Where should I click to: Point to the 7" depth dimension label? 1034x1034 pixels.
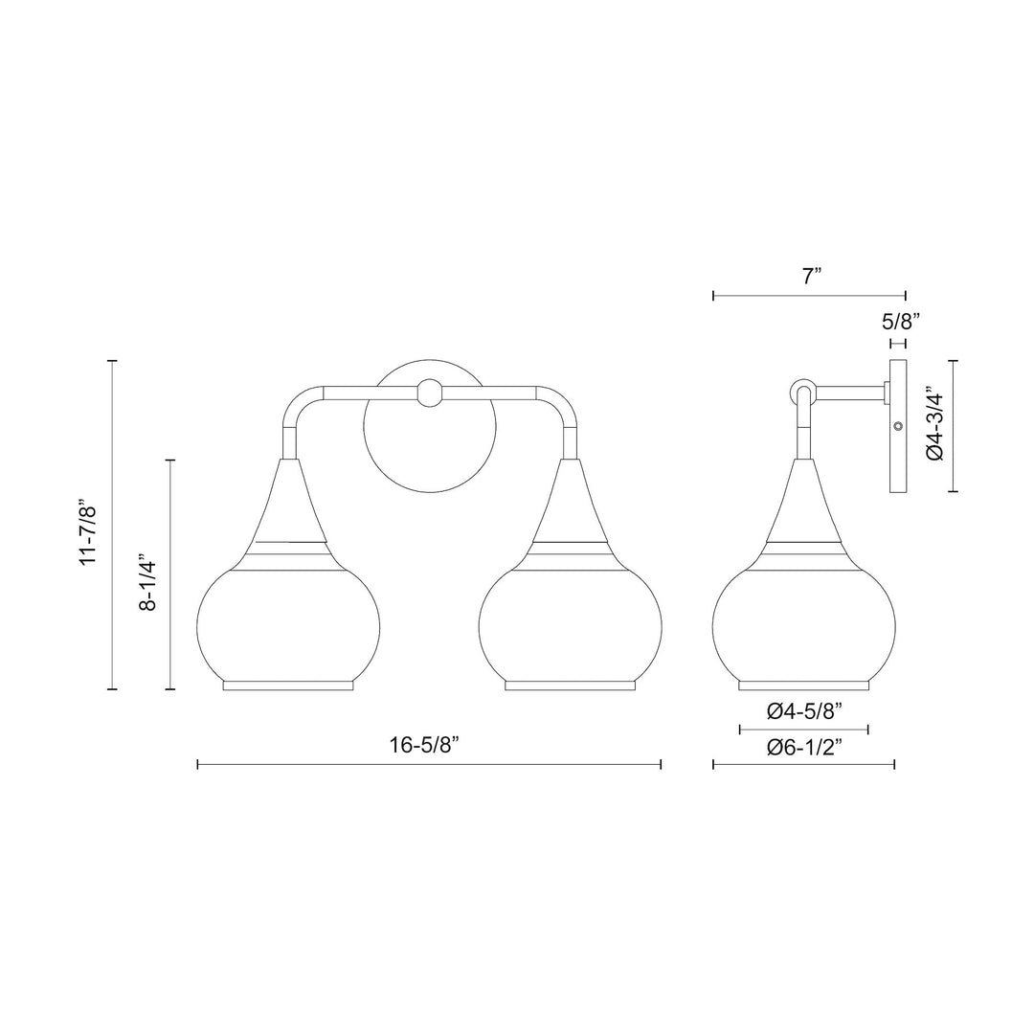(812, 278)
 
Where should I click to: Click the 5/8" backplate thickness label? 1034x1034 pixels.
(900, 323)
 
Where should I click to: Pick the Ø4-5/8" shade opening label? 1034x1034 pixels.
(804, 711)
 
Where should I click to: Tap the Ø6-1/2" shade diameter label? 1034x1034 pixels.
(804, 747)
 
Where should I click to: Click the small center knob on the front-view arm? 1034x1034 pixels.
(430, 393)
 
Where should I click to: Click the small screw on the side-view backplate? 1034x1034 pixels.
(897, 425)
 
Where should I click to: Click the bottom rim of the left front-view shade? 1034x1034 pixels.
(288, 685)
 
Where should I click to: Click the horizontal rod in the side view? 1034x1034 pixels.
(847, 392)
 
